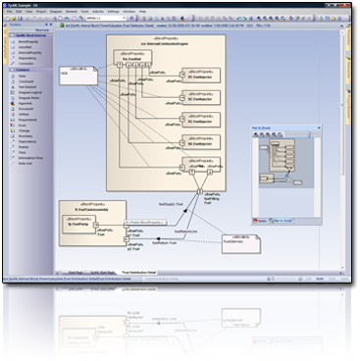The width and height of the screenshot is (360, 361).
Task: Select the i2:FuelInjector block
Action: tap(200, 98)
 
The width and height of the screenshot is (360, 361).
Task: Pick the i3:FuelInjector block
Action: tap(200, 123)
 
